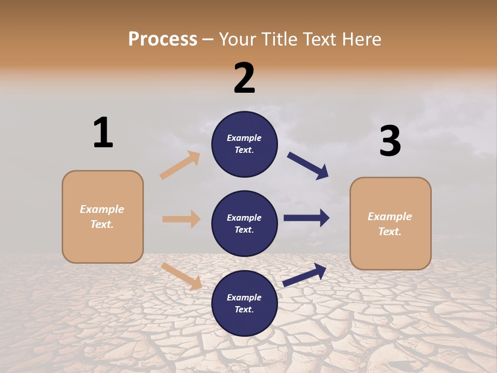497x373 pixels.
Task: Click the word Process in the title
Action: [x=163, y=39]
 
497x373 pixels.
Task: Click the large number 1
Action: [x=103, y=133]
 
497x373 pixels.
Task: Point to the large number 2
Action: [x=244, y=78]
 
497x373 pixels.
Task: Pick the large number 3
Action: [x=390, y=141]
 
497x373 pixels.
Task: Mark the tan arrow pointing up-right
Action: [x=180, y=165]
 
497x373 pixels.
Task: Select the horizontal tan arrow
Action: [x=181, y=219]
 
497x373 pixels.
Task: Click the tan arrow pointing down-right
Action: [x=181, y=276]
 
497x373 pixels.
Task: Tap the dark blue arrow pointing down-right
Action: [x=308, y=166]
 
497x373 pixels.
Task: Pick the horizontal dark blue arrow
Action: [x=306, y=218]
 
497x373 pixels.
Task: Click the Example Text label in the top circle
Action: [x=244, y=144]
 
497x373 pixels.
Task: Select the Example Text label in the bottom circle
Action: [x=244, y=304]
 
